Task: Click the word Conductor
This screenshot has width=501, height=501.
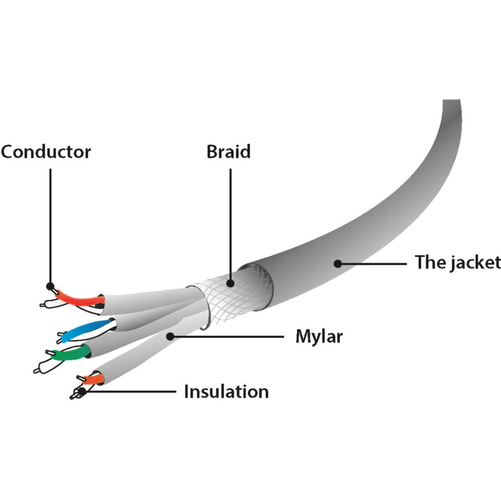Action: click(x=46, y=152)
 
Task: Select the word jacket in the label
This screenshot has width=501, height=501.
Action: click(x=476, y=262)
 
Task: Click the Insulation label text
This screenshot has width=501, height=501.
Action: click(x=226, y=392)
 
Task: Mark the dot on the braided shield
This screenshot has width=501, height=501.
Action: click(x=230, y=283)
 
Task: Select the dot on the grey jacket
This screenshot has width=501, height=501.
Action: click(x=338, y=263)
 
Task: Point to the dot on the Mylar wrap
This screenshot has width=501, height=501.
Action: click(x=170, y=336)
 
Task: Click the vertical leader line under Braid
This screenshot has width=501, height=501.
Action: click(x=230, y=219)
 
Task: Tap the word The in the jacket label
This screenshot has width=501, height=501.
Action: click(x=429, y=262)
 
